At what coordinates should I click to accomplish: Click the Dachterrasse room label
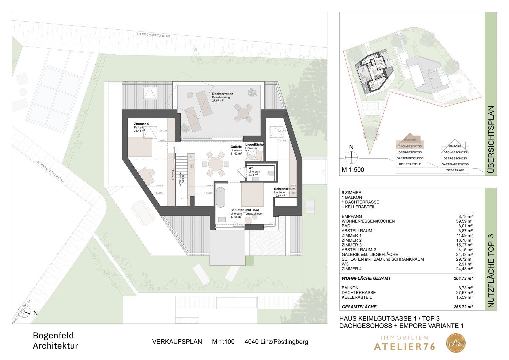pyautogui.click(x=222, y=94)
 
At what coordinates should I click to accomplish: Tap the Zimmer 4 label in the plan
pyautogui.click(x=141, y=124)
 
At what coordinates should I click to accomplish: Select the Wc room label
pyautogui.click(x=251, y=168)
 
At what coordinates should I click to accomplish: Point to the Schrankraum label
pyautogui.click(x=284, y=189)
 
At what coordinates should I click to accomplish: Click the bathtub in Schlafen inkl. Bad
pyautogui.click(x=221, y=198)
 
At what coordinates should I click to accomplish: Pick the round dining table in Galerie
pyautogui.click(x=216, y=164)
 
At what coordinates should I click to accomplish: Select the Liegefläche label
pyautogui.click(x=254, y=145)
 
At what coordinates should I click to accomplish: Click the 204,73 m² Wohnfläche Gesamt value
pyautogui.click(x=463, y=278)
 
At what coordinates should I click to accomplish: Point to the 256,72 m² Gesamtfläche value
pyautogui.click(x=463, y=307)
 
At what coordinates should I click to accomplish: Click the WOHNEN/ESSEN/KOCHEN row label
pyautogui.click(x=363, y=221)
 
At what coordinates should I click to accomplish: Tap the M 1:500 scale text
pyautogui.click(x=353, y=170)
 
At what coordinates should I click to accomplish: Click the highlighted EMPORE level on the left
pyautogui.click(x=410, y=140)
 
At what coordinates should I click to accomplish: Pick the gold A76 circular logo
pyautogui.click(x=456, y=343)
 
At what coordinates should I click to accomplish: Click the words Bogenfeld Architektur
pyautogui.click(x=55, y=341)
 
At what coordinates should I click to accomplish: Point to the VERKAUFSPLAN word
pyautogui.click(x=177, y=342)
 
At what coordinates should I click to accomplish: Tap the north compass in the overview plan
pyautogui.click(x=351, y=156)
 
